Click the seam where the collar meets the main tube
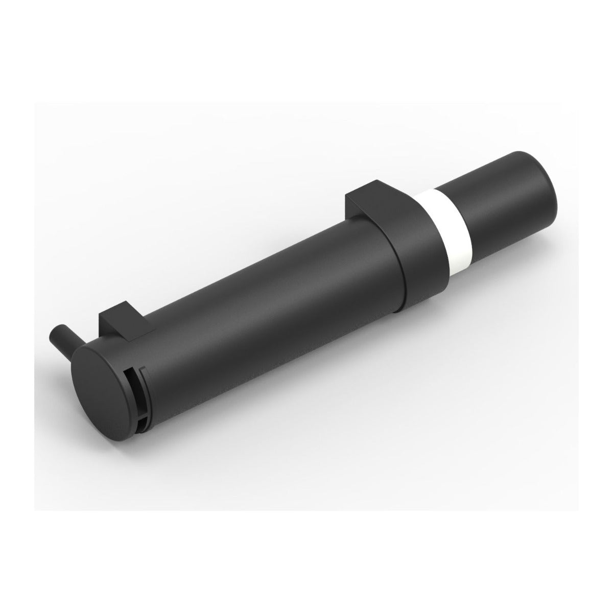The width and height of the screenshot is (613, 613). coord(401,276)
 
